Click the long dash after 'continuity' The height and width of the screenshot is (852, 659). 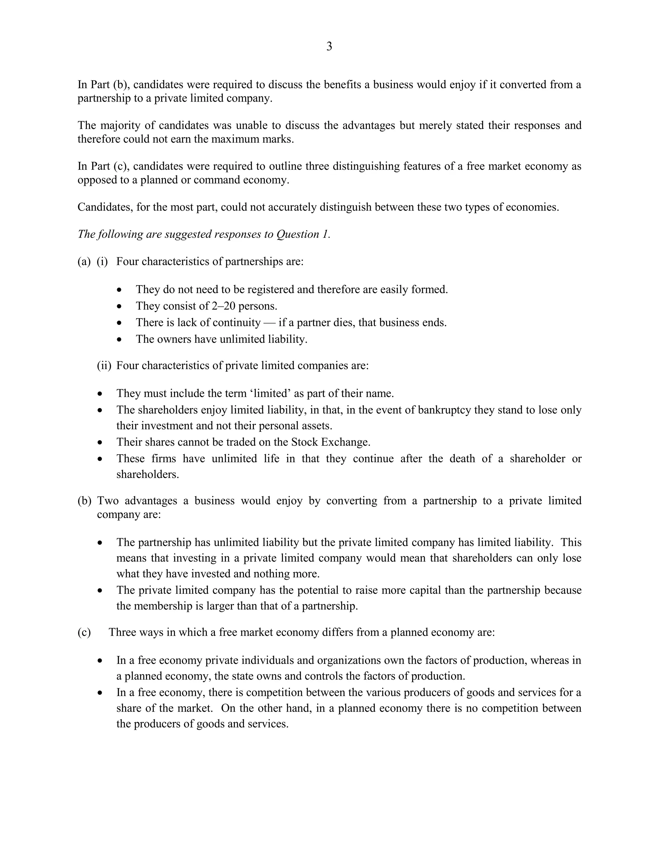[x=269, y=322]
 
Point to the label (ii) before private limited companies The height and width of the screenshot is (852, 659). [x=104, y=366]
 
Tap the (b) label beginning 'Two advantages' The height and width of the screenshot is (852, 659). [x=84, y=501]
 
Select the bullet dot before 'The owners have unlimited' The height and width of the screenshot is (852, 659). [x=119, y=340]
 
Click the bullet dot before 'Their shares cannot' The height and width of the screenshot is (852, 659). [x=100, y=442]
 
